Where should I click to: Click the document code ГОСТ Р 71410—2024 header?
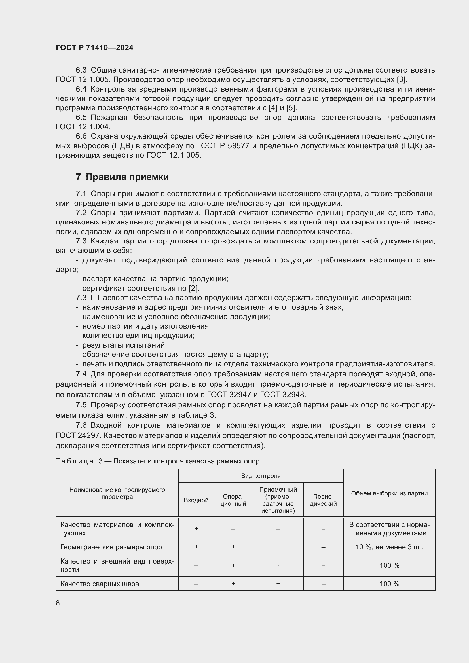[94, 48]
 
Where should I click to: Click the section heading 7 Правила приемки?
[122, 177]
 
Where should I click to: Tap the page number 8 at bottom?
[58, 603]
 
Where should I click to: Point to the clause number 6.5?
[81, 118]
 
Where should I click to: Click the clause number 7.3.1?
[84, 298]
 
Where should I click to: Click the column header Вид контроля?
[261, 476]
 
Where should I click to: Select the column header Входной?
[196, 500]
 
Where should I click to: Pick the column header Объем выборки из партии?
[389, 493]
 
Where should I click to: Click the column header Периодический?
[323, 500]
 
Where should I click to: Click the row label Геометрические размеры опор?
[111, 547]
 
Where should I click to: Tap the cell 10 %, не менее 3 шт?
[389, 547]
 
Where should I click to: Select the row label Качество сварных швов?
[100, 584]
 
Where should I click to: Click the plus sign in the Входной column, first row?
[196, 529]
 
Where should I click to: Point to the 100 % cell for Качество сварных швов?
[389, 584]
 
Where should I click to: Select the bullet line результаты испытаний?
[124, 345]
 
